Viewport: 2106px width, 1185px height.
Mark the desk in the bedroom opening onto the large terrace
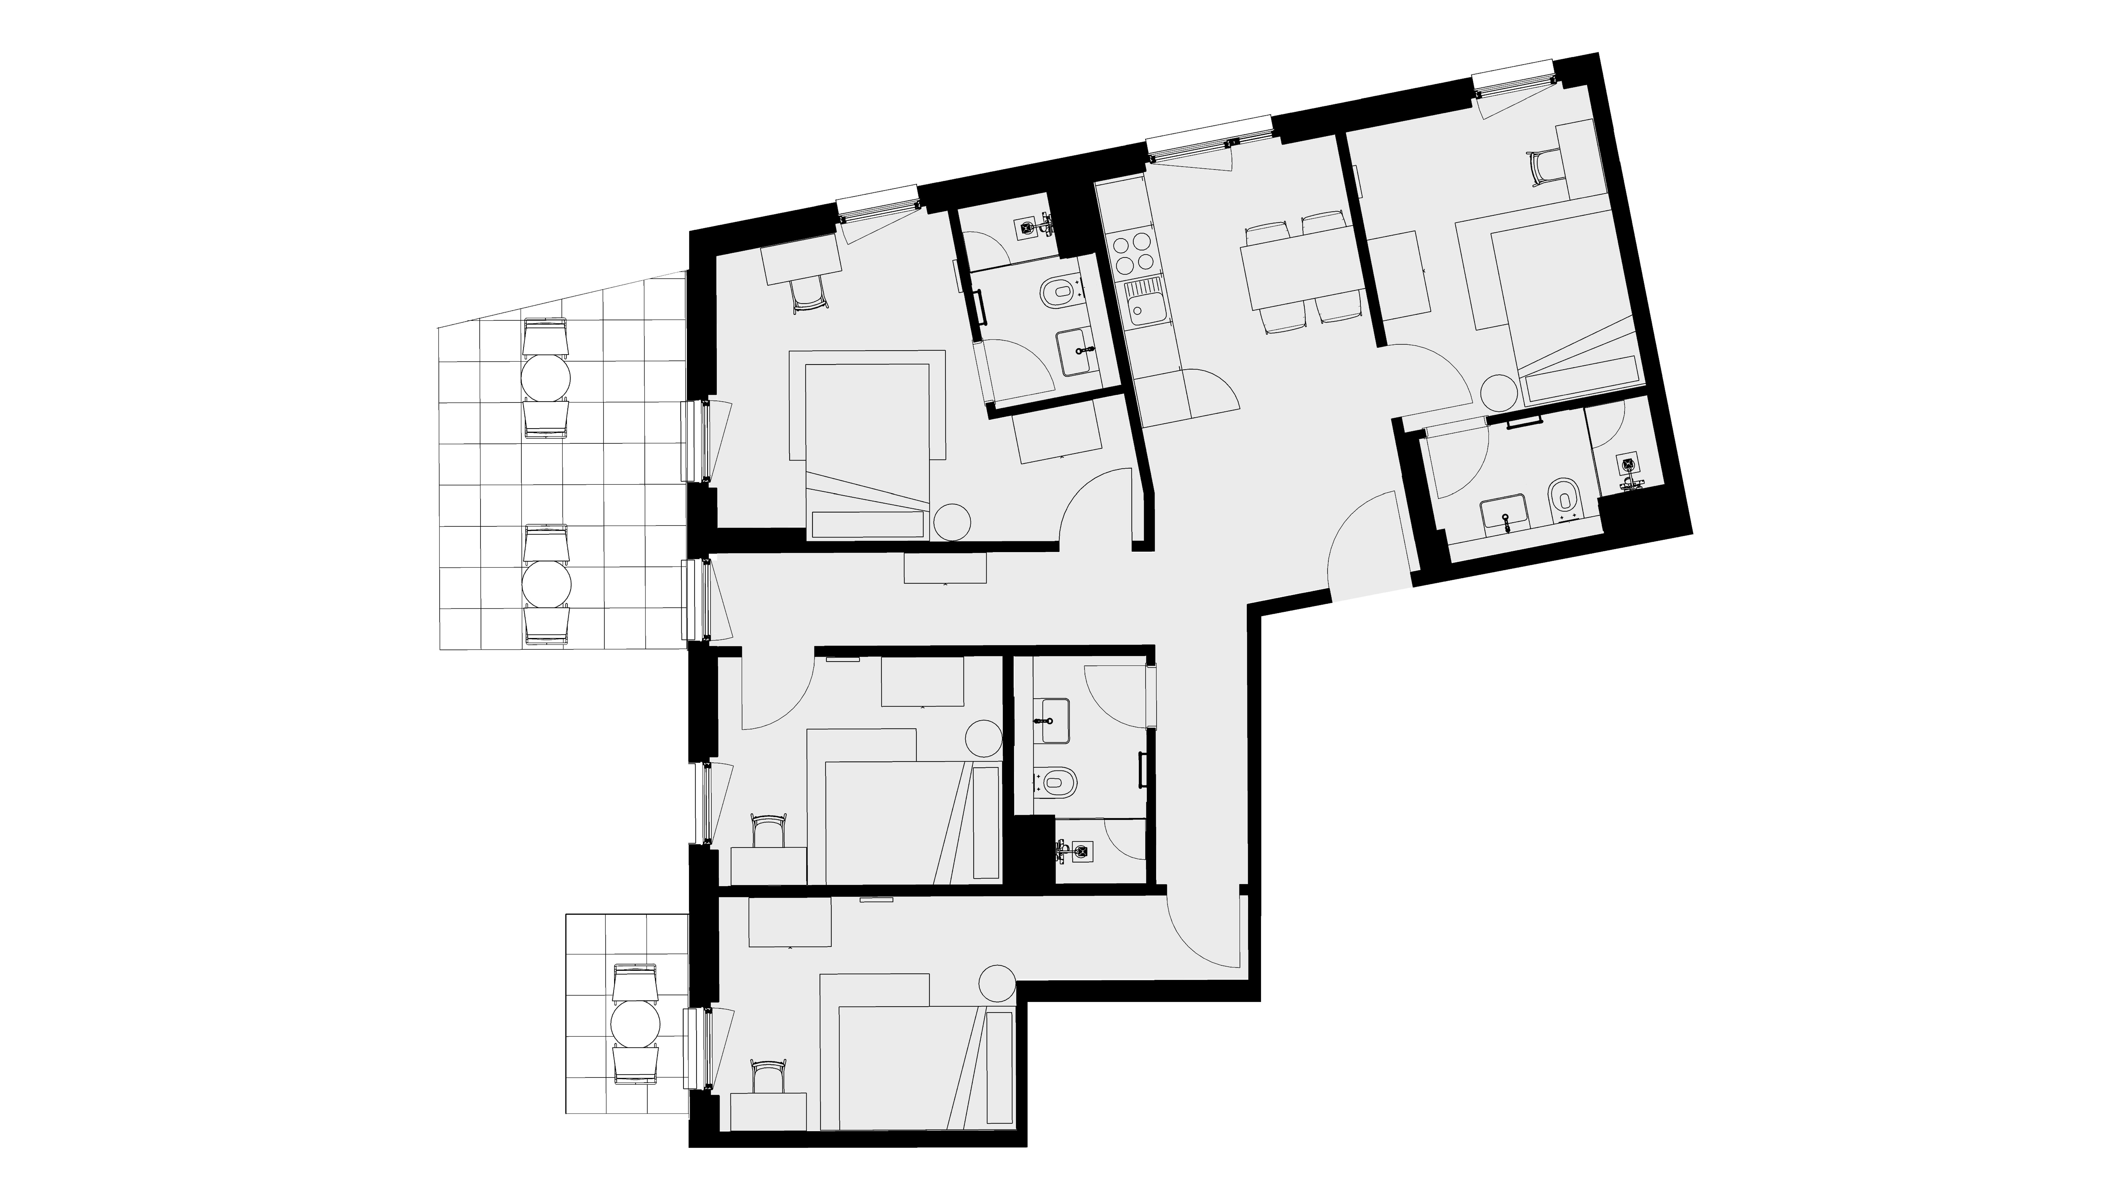point(801,255)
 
